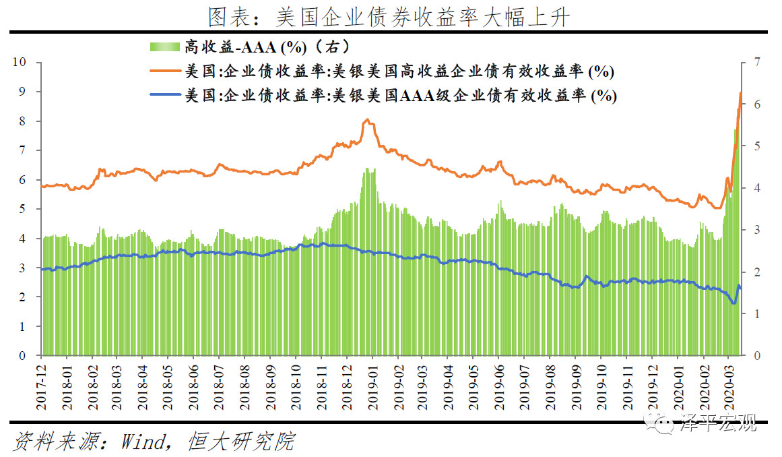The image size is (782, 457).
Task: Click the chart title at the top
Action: [x=389, y=17]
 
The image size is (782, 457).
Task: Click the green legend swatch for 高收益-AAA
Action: [x=165, y=47]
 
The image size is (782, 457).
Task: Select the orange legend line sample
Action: [x=165, y=71]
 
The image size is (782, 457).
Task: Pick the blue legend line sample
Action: [x=165, y=95]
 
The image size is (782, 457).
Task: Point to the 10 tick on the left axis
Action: [x=19, y=62]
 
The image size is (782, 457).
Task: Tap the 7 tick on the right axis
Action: [x=758, y=62]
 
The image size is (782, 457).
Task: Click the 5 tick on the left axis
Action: [x=22, y=209]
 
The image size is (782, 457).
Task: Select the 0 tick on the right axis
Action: [x=758, y=356]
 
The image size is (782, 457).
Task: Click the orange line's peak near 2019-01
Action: [x=368, y=119]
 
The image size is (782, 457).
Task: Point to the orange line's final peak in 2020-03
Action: [x=741, y=93]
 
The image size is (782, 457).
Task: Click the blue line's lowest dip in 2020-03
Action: [x=733, y=303]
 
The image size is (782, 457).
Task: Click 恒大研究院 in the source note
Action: [x=241, y=441]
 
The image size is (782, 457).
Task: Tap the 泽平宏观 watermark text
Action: [x=719, y=423]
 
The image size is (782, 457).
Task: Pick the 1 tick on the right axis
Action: [x=758, y=314]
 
